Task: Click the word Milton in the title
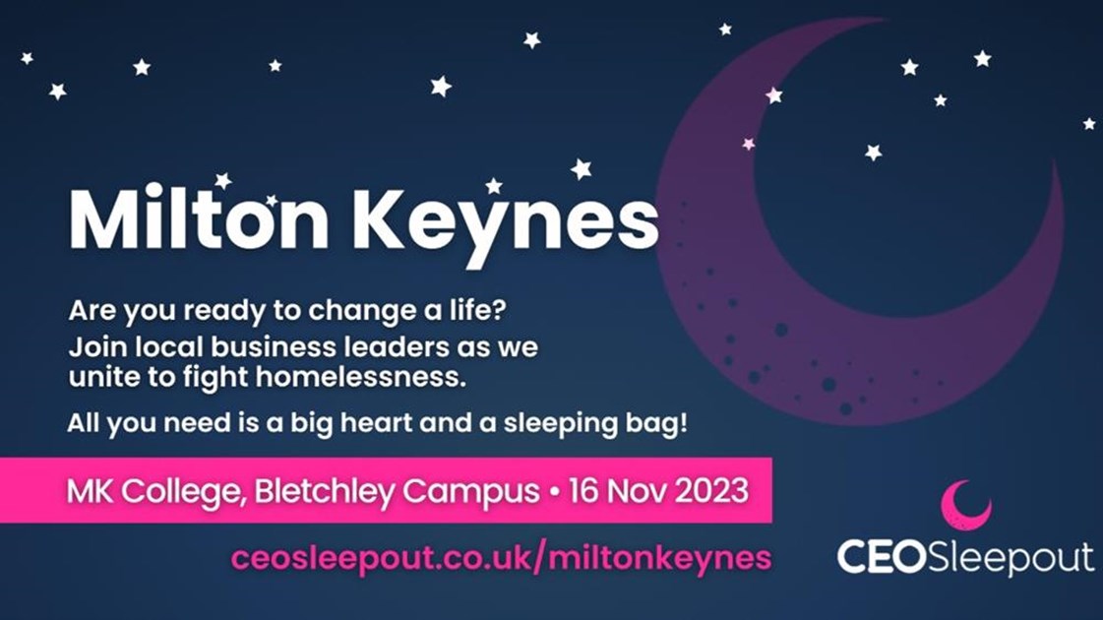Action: (x=198, y=220)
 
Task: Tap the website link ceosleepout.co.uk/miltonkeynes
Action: (x=501, y=558)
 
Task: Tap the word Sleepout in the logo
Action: (x=1010, y=558)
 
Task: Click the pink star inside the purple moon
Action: (x=749, y=144)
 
